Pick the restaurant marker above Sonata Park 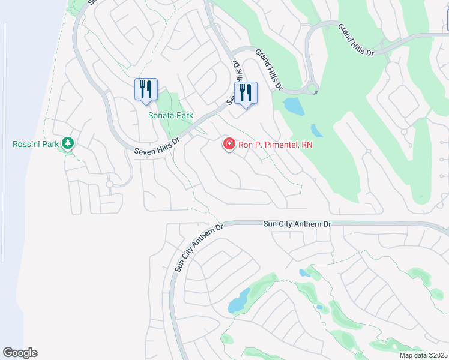pyautogui.click(x=146, y=90)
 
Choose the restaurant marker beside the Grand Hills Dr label pyautogui.click(x=245, y=94)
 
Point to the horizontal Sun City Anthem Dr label pyautogui.click(x=297, y=224)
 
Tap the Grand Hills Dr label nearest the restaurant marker pyautogui.click(x=268, y=70)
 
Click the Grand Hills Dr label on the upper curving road pyautogui.click(x=355, y=40)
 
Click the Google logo pyautogui.click(x=20, y=353)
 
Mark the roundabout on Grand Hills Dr pyautogui.click(x=312, y=89)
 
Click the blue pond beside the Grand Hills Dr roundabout pyautogui.click(x=293, y=106)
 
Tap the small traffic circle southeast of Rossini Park pyautogui.click(x=109, y=184)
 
